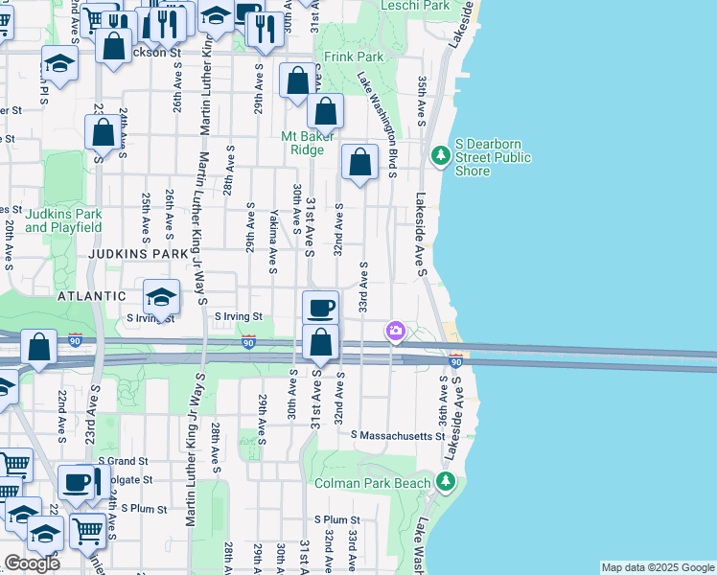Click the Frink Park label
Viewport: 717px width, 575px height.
coord(354,57)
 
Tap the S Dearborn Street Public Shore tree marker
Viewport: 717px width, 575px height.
coord(441,154)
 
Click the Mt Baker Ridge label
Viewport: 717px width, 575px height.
coord(308,143)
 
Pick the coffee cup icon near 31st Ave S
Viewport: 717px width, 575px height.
coord(321,309)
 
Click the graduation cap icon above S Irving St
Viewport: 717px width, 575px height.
coord(162,296)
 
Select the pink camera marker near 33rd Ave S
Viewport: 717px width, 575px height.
coord(395,333)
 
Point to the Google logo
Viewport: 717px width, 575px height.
coord(32,563)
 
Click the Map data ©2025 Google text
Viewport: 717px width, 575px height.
coord(657,567)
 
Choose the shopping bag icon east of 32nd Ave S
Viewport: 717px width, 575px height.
coord(360,164)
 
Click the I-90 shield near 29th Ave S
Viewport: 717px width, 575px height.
coord(248,342)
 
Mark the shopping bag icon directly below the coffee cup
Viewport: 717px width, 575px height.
coord(321,343)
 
